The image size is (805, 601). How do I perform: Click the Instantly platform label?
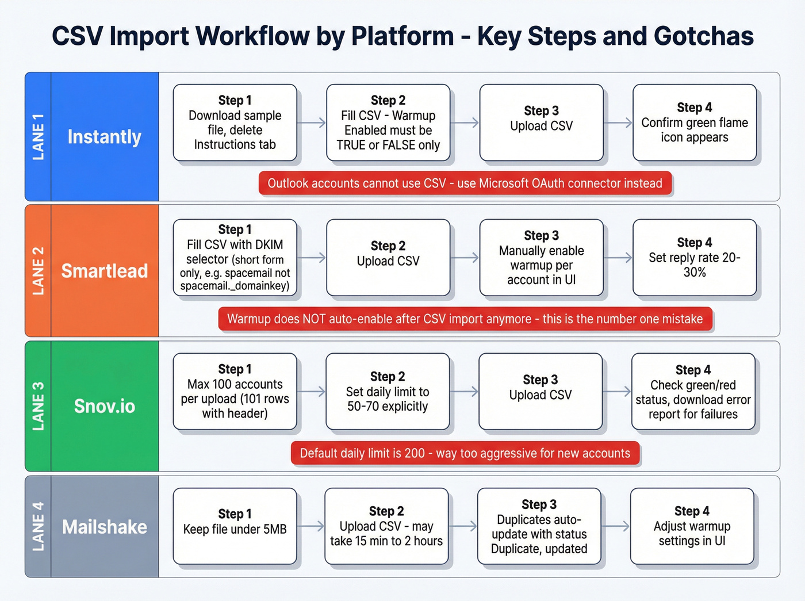(104, 137)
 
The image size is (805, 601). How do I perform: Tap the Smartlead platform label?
(104, 271)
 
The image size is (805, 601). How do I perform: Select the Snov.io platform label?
(104, 406)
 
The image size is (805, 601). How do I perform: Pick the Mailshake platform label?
(104, 527)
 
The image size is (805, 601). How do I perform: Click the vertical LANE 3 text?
(38, 406)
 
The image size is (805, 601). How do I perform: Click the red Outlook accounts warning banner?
(465, 183)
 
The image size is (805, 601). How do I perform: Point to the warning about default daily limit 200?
(465, 453)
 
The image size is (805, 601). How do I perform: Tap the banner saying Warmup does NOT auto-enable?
(465, 319)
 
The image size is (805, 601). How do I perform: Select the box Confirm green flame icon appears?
(694, 123)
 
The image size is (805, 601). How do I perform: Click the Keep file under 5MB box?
(235, 526)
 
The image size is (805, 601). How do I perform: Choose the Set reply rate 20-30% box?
(694, 258)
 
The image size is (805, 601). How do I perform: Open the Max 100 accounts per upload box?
(235, 392)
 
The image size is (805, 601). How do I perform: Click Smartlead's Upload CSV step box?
(388, 258)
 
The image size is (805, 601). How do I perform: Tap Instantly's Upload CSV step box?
(541, 123)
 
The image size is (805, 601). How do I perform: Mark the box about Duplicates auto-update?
(539, 526)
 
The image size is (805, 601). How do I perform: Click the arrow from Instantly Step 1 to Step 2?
(312, 123)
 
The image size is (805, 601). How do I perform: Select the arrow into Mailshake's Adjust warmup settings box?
(616, 526)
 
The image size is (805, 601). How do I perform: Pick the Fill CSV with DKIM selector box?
(235, 258)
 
